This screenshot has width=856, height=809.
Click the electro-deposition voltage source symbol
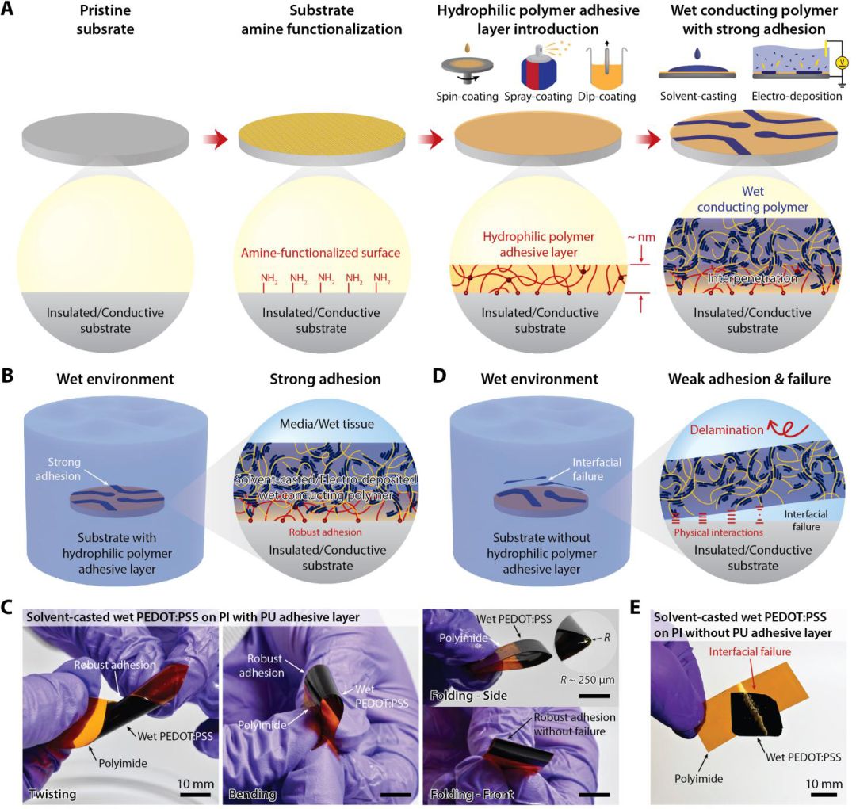842,63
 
